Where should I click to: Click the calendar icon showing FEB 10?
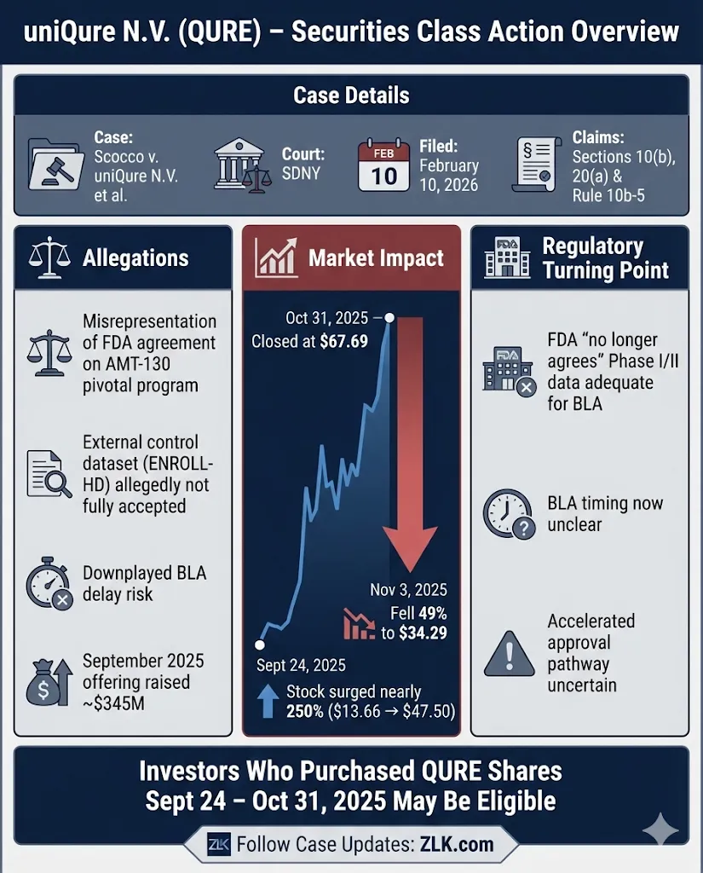click(383, 165)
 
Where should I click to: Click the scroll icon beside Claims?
click(537, 164)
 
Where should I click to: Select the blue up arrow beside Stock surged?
click(265, 701)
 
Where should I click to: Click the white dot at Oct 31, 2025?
click(389, 318)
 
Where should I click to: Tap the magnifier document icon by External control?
click(49, 474)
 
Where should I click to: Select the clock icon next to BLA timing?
click(509, 515)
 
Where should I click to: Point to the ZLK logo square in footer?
click(219, 845)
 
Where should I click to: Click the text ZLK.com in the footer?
click(457, 845)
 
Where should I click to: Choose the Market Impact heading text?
click(376, 258)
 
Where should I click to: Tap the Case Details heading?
click(351, 95)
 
